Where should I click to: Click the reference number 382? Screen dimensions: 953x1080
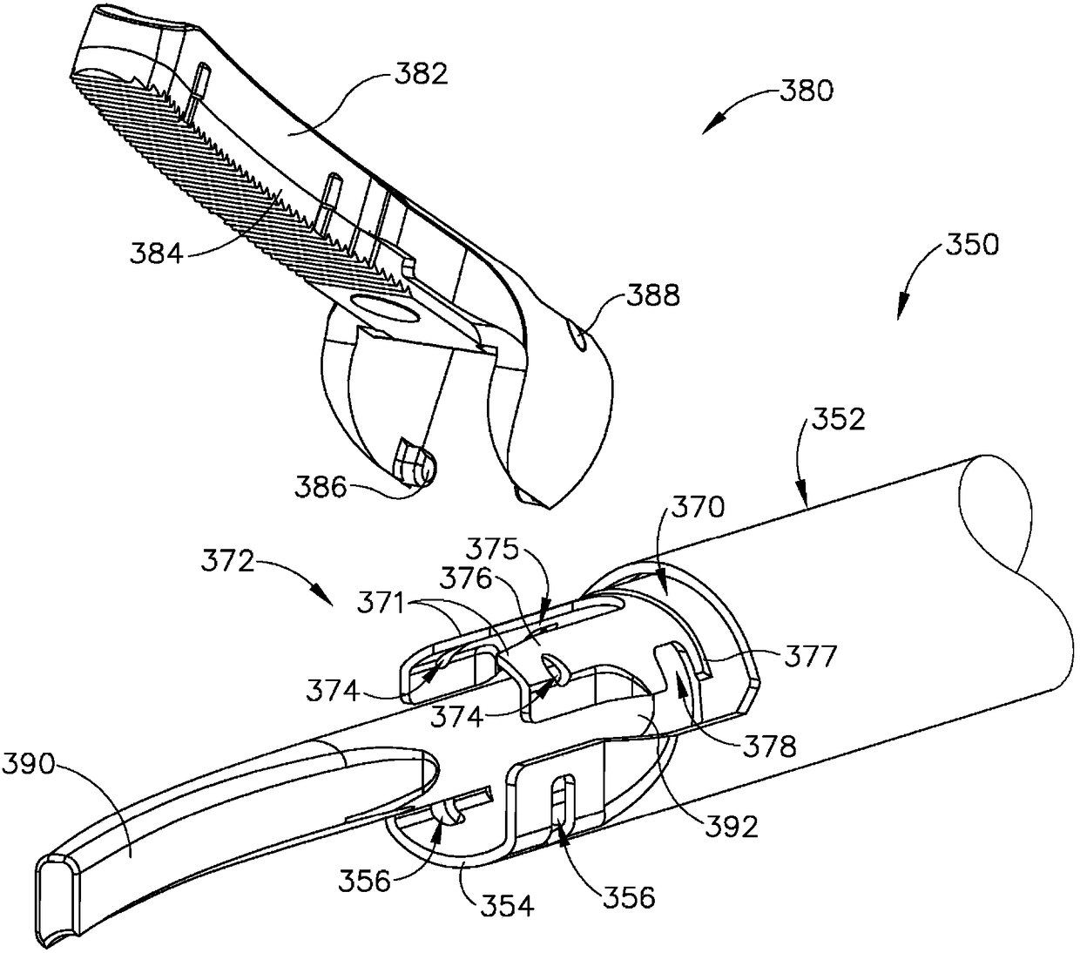coord(421,74)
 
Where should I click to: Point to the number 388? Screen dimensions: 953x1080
coord(653,297)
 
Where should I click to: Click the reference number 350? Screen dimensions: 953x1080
coord(971,245)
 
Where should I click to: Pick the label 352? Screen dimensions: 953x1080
coord(839,421)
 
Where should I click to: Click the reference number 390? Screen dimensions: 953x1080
coord(30,767)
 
